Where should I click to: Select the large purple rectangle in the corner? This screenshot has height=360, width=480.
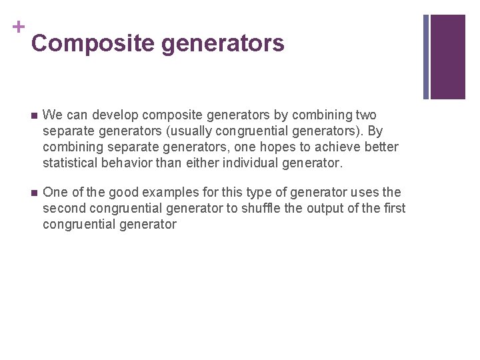point(447,57)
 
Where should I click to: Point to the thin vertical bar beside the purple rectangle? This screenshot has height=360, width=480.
point(426,57)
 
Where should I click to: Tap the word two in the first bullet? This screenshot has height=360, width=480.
point(365,115)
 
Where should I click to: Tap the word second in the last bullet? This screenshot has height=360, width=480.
point(63,208)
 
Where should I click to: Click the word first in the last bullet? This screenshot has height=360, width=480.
point(394,208)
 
